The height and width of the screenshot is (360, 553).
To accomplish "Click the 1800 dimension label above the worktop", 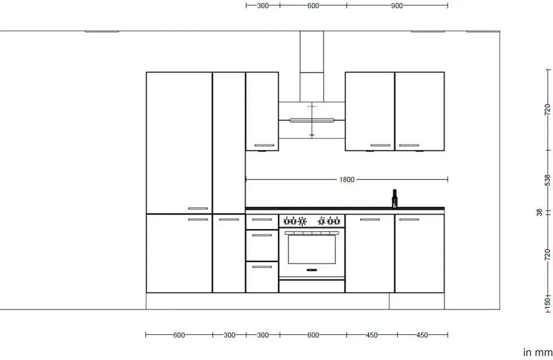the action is (347, 179).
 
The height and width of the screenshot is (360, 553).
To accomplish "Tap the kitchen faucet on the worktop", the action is (394, 198).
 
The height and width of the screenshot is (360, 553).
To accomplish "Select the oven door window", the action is (312, 250).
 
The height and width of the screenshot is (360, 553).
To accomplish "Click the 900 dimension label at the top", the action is (397, 5).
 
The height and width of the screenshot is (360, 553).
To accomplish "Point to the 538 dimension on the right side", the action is (547, 179).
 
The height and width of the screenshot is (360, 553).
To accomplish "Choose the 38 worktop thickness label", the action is (539, 212).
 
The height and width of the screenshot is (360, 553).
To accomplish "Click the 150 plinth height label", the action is (547, 302).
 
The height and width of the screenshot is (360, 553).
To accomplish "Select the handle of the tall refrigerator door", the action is (198, 209).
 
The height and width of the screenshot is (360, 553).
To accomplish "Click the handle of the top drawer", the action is (262, 220).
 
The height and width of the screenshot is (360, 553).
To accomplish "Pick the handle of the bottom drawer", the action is (262, 267).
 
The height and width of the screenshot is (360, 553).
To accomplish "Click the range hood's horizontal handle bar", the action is (312, 120).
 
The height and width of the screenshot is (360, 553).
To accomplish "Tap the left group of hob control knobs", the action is (295, 222).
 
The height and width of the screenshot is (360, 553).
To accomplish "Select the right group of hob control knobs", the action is (329, 222).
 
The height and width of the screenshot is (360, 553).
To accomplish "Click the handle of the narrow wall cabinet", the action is (264, 145).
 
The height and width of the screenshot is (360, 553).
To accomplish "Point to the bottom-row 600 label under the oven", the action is (313, 335).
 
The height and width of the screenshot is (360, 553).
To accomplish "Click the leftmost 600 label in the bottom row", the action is (179, 335).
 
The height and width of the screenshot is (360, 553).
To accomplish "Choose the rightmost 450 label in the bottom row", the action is (422, 335).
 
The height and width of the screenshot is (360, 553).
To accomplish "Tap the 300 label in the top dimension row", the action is (263, 5).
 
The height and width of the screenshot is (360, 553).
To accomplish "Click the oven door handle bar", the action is (312, 233).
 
